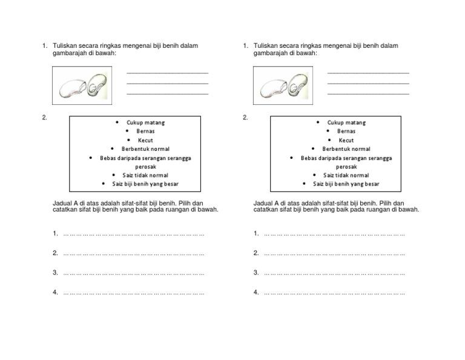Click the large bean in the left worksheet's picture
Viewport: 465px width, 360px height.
(x=73, y=88)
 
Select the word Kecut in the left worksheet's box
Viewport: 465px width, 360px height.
(x=145, y=140)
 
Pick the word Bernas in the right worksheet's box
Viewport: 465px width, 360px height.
(x=346, y=131)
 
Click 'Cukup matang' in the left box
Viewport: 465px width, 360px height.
(x=145, y=122)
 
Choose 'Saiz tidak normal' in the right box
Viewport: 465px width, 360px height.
(x=346, y=175)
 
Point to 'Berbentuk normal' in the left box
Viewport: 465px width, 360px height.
(x=145, y=149)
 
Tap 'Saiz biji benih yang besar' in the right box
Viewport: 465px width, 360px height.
(x=346, y=184)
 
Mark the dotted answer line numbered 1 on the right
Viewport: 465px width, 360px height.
(x=334, y=233)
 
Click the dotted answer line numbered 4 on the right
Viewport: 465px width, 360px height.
(x=334, y=293)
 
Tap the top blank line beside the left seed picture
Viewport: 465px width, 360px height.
(x=167, y=73)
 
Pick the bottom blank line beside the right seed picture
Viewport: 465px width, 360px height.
(x=368, y=94)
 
